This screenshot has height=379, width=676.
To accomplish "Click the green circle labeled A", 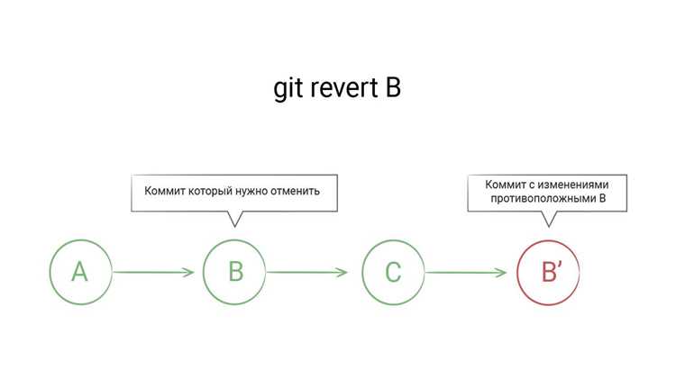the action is pyautogui.click(x=50, y=272).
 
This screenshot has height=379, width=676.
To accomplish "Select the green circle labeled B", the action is pyautogui.click(x=203, y=272).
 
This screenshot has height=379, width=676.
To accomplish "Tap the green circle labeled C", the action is pyautogui.click(x=362, y=272).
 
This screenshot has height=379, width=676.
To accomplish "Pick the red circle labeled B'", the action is pyautogui.click(x=517, y=272).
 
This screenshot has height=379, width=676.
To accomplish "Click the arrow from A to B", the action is pyautogui.click(x=153, y=272).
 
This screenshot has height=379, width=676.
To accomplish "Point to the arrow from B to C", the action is pyautogui.click(x=307, y=272).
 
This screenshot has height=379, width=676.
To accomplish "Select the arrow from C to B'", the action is pyautogui.click(x=466, y=272).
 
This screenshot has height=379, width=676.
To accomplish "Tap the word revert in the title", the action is pyautogui.click(x=344, y=88).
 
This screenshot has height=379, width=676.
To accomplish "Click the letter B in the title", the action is pyautogui.click(x=393, y=88).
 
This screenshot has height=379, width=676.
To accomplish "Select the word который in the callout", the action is pyautogui.click(x=213, y=191).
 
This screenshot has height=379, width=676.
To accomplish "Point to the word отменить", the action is pyautogui.click(x=295, y=191).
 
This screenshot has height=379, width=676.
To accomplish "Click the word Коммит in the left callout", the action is pyautogui.click(x=164, y=191).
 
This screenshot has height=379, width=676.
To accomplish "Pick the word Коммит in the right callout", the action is pyautogui.click(x=505, y=185).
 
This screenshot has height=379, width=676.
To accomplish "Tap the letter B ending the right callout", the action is pyautogui.click(x=602, y=198).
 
